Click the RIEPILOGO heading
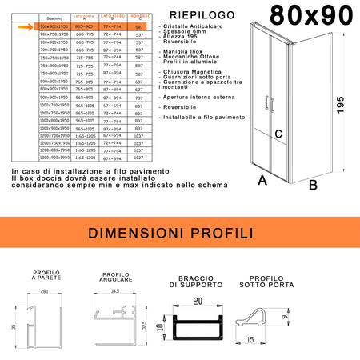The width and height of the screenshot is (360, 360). (x=193, y=14)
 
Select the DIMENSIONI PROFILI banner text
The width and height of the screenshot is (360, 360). (x=179, y=234)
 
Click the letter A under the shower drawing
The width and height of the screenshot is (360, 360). (x=262, y=181)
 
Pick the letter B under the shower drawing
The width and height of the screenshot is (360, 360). (x=314, y=185)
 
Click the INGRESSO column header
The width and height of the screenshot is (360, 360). (x=140, y=15)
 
